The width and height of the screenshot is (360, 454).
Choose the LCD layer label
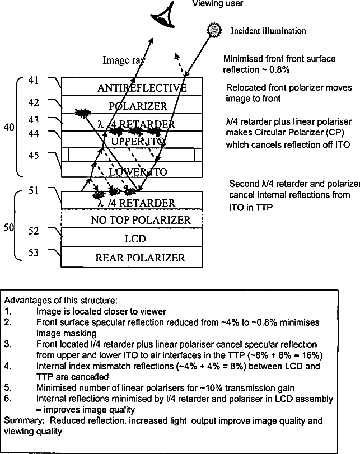coord(134,239)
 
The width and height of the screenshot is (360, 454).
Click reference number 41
coord(34,80)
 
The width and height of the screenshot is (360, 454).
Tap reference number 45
coord(34,155)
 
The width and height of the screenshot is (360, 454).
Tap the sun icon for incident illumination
coord(213,28)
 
